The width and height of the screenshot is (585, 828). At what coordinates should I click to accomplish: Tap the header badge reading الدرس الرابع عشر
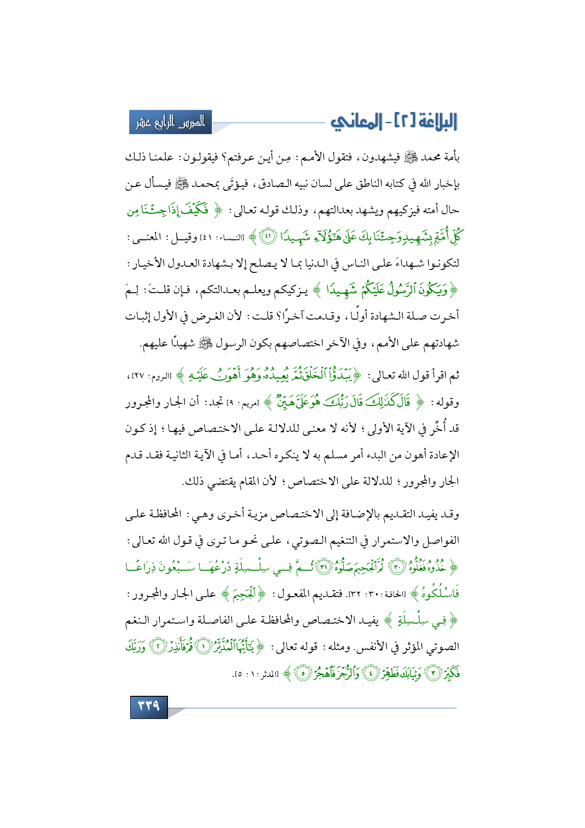[170, 122]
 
